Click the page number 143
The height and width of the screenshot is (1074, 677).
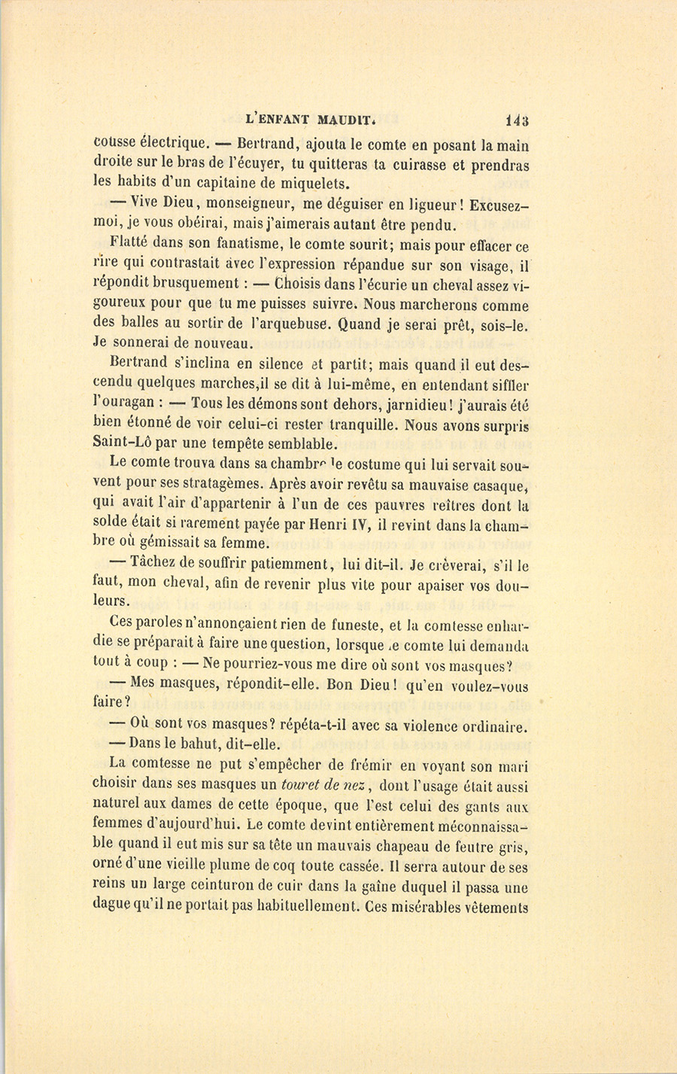click(517, 120)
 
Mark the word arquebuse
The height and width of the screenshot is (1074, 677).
click(292, 325)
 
